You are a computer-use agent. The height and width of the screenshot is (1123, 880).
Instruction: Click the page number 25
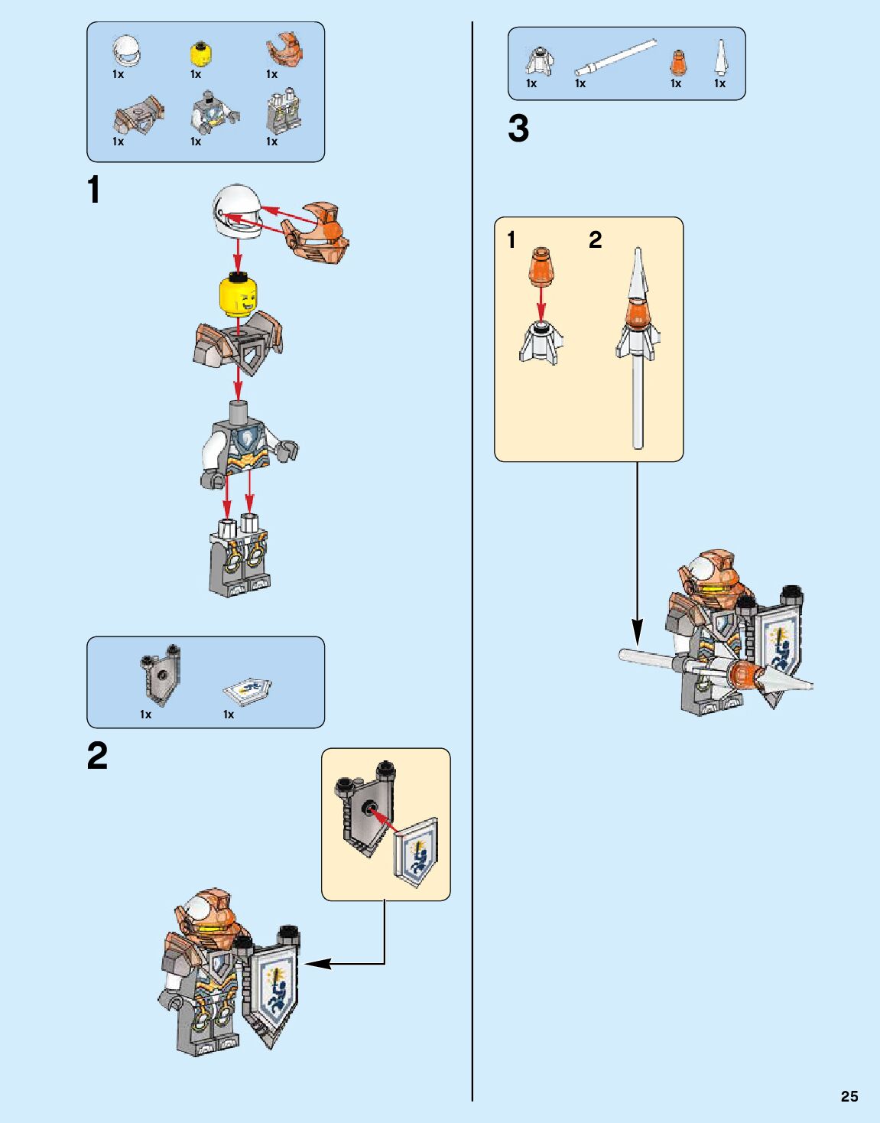coord(849,1096)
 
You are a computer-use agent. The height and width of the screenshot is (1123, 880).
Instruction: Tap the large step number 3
coord(518,129)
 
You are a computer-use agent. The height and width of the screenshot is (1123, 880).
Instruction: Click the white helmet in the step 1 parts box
coord(127,50)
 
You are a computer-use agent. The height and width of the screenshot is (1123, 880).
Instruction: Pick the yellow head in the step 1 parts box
coord(200,55)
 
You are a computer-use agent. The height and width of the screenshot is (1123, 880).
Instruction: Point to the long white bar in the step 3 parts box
coord(615,58)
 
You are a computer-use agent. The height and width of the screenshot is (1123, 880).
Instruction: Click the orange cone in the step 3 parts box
coord(678,62)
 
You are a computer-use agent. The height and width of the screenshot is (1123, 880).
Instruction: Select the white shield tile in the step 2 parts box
coord(248,691)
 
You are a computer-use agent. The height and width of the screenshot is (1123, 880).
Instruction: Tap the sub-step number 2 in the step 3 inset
coord(595,240)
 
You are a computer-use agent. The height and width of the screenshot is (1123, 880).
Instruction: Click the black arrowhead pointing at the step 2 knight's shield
coord(315,963)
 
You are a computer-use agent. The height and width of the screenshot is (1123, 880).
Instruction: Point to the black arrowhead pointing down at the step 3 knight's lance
coord(637,632)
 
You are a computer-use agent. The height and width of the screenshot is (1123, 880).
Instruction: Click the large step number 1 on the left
coord(94,190)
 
